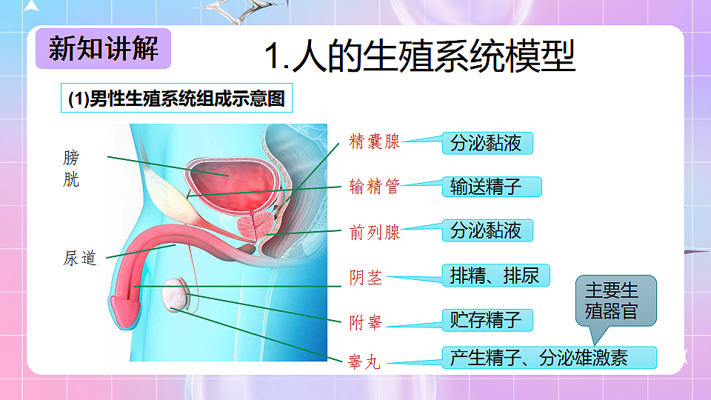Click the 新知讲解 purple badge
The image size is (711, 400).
pos(103,50)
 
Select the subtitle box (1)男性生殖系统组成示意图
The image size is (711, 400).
pos(176,99)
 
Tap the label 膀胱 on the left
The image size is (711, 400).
pos(72,168)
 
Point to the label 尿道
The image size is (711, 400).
pos(80,259)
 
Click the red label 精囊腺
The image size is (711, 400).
pos(374,142)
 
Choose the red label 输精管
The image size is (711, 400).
pos(374,187)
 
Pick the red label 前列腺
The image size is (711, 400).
pos(374,232)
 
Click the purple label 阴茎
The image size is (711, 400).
pos(366,278)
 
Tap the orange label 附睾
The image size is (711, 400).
pos(366,322)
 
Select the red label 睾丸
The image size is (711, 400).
pos(364,363)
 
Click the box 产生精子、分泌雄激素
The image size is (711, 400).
pos(549,358)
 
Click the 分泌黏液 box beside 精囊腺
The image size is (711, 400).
pos(487,142)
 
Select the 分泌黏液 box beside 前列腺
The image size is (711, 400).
pos(487,230)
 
